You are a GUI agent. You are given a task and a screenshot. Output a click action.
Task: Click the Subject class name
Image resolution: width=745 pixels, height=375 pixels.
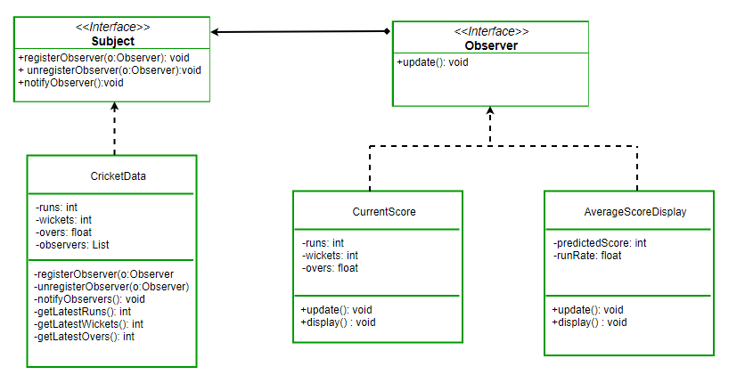pyautogui.click(x=112, y=41)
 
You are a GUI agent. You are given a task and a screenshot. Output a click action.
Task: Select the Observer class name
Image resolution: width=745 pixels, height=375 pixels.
pyautogui.click(x=490, y=45)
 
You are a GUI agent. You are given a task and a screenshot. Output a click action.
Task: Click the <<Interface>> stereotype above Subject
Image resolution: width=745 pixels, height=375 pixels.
pyautogui.click(x=112, y=28)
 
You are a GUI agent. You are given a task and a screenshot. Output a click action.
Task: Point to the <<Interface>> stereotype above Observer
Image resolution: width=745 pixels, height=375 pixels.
pyautogui.click(x=490, y=31)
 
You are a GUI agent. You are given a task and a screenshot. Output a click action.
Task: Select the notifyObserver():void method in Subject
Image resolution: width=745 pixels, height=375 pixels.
pyautogui.click(x=70, y=82)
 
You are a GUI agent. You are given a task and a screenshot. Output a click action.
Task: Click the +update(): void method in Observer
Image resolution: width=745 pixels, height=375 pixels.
pyautogui.click(x=433, y=62)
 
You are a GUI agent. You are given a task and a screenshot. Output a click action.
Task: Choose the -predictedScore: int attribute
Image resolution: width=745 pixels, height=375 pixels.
pyautogui.click(x=600, y=242)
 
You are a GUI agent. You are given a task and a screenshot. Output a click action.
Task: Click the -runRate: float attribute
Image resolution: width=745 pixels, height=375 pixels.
pyautogui.click(x=587, y=255)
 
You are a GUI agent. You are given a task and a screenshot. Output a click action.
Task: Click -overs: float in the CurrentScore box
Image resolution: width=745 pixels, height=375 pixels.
pyautogui.click(x=330, y=267)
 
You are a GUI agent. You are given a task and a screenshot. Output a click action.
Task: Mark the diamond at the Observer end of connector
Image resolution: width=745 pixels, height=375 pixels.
pyautogui.click(x=387, y=31)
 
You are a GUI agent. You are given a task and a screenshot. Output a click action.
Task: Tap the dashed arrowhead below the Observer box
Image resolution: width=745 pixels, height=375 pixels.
pyautogui.click(x=490, y=112)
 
